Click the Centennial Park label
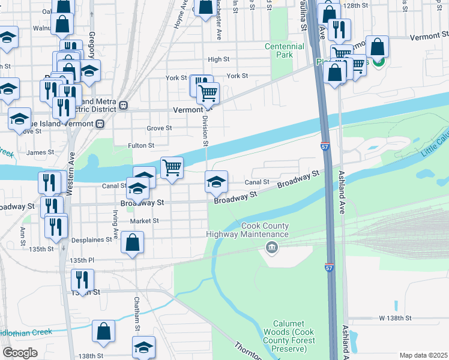coord(279,50)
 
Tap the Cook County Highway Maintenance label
coord(248,230)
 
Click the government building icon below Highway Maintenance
coord(272,247)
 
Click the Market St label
coord(144,221)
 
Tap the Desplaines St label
coord(93,239)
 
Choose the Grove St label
coord(160,128)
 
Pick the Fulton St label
coord(141,145)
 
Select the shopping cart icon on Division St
coord(208,94)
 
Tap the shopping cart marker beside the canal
coord(172,167)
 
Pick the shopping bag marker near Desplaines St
coord(133,243)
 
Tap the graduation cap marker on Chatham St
coord(143,349)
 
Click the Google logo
coord(20,353)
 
